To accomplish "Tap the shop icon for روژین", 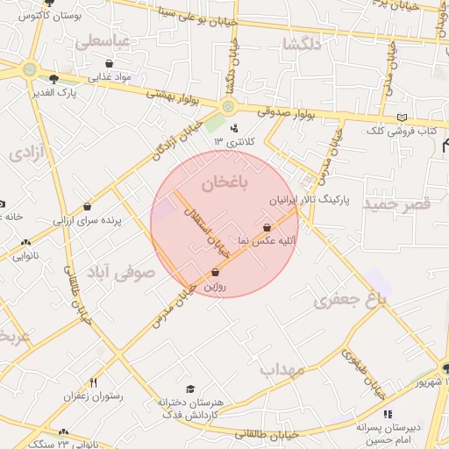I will tap(215, 272).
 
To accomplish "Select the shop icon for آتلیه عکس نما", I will tap(267, 227).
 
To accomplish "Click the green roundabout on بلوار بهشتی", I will tap(228, 107).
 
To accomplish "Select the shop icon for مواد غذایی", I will tap(109, 64).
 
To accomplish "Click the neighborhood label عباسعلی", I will tap(103, 41).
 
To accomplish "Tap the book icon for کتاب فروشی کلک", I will tap(402, 118).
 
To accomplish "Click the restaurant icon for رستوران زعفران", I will tap(94, 382).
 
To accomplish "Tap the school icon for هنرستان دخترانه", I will tap(190, 389).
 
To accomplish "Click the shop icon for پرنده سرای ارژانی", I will tap(87, 207).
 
